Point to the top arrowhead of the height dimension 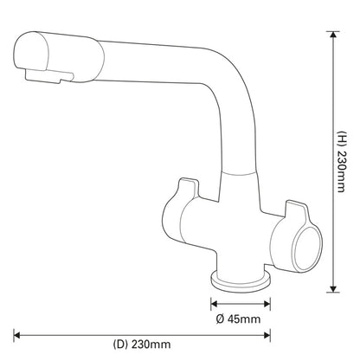pyautogui.click(x=331, y=35)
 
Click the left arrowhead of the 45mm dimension pyautogui.click(x=213, y=302)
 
